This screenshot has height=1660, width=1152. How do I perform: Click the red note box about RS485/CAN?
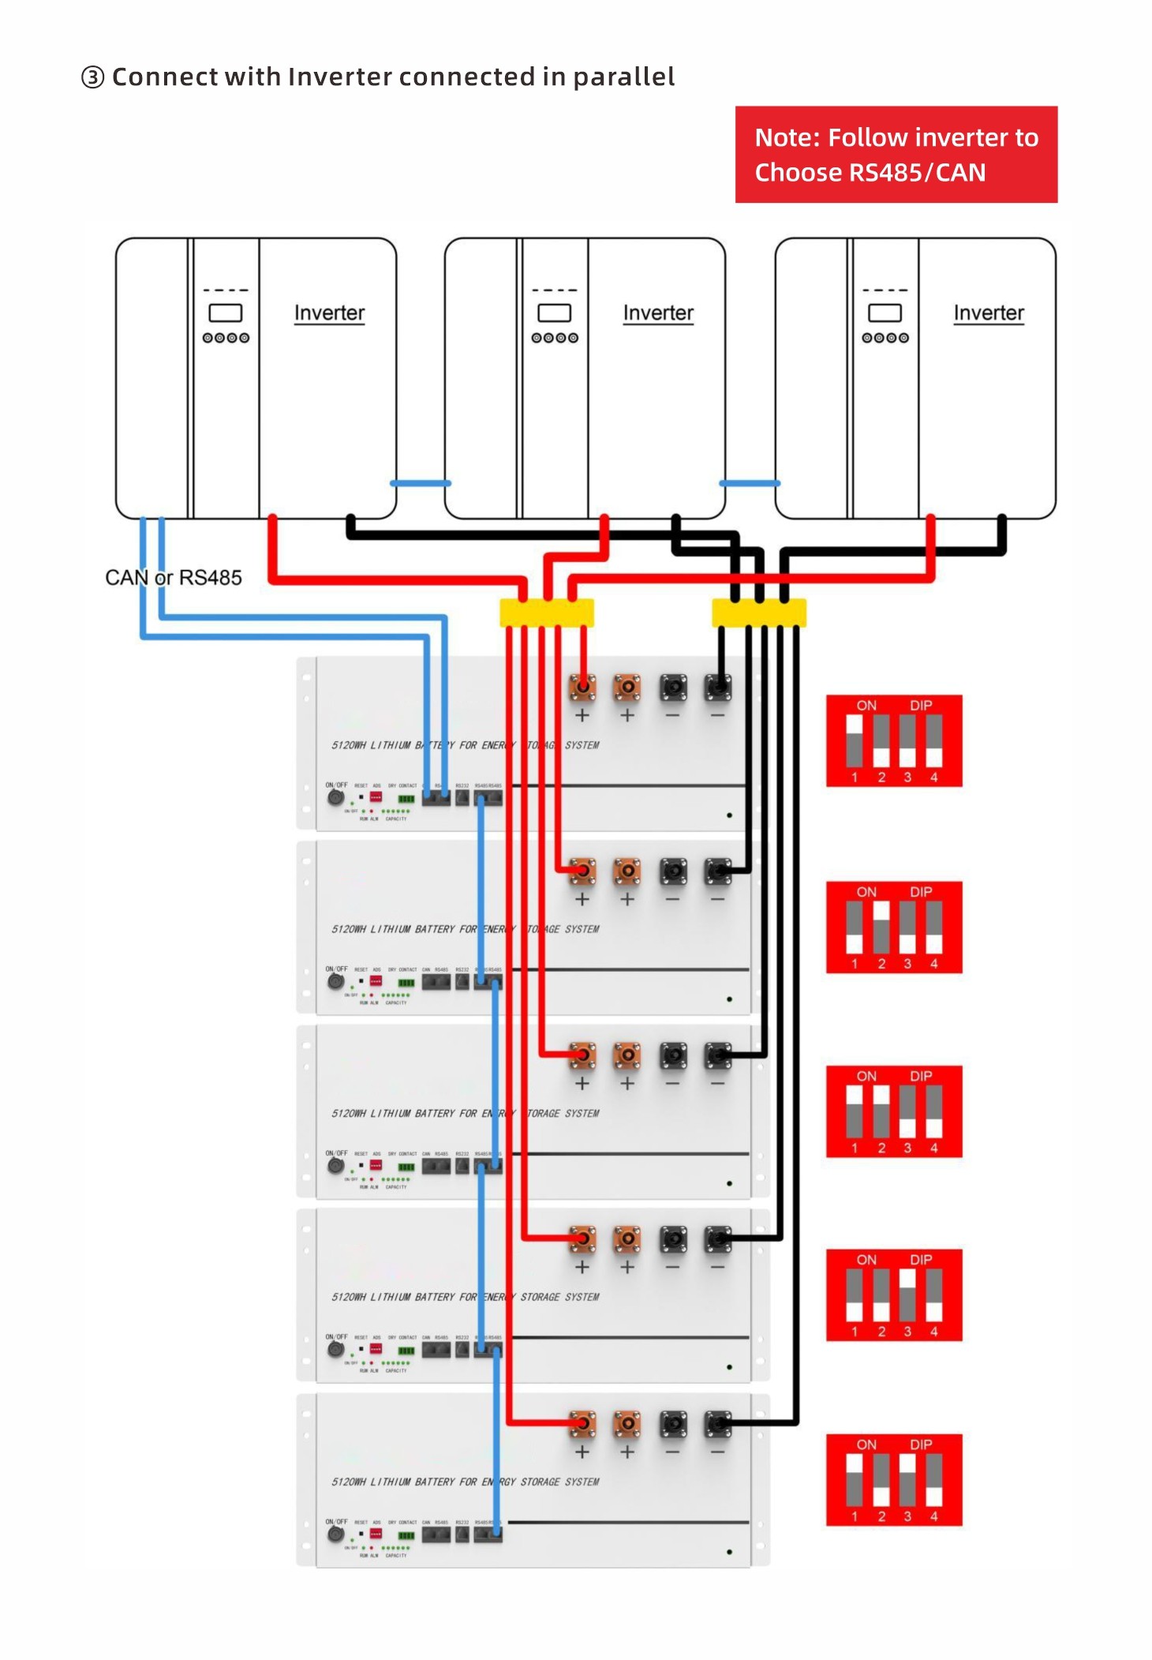896,155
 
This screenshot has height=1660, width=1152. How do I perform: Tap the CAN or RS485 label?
174,578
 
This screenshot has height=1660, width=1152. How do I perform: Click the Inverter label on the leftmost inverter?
329,313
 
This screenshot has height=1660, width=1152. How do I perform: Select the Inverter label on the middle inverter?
658,313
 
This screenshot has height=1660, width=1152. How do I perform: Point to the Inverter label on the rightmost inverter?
989,313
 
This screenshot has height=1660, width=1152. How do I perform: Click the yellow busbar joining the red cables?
546,613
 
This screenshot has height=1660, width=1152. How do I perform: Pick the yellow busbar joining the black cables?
758,613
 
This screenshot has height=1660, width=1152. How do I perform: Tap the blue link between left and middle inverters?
421,483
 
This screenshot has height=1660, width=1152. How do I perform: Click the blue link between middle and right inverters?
750,483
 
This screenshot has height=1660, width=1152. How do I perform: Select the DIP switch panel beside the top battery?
894,741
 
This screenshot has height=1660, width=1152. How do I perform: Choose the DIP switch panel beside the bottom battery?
894,1480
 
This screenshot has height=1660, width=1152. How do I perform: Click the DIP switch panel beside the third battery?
894,1111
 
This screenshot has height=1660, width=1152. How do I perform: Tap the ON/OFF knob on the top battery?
335,798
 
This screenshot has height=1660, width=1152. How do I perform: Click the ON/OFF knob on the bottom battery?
335,1534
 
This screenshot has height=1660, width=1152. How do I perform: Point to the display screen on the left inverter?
225,313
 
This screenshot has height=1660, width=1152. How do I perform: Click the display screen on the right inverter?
885,313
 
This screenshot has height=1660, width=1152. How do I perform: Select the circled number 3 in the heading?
92,77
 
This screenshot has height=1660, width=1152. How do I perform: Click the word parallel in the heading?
623,77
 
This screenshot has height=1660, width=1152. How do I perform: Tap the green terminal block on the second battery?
406,983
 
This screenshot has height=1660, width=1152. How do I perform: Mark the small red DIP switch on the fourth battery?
376,1349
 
